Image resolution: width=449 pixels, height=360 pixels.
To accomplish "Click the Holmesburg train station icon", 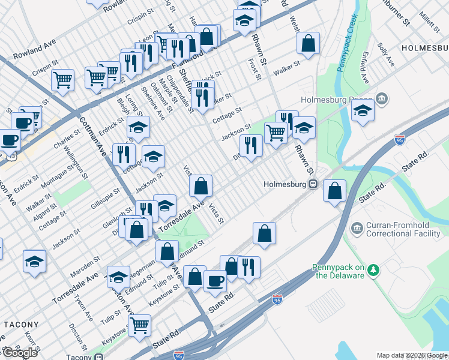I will point(313,184).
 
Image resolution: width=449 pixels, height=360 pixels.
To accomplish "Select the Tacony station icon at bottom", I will point(98,358).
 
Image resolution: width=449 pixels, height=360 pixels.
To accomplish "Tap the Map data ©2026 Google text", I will point(411,355).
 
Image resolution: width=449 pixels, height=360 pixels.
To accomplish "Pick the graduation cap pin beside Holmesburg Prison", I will point(363,110).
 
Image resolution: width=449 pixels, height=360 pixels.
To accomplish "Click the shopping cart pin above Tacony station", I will point(140,325).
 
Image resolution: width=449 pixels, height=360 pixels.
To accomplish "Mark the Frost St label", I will point(255,69).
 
